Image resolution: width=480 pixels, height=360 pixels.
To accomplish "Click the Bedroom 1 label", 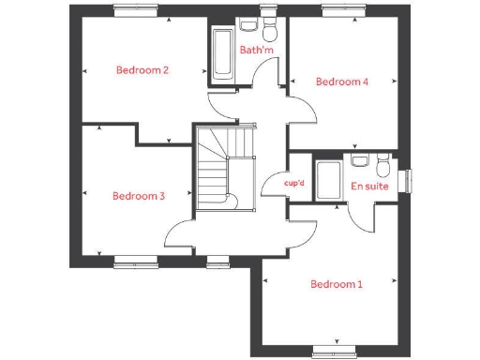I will pyautogui.click(x=336, y=284).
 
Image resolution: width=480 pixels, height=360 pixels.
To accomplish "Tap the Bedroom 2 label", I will pyautogui.click(x=142, y=70).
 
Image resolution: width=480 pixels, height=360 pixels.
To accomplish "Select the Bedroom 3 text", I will pyautogui.click(x=139, y=196).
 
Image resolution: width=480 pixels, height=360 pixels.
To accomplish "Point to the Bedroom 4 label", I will pyautogui.click(x=341, y=82).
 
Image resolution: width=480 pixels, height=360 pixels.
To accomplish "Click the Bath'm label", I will pyautogui.click(x=254, y=50).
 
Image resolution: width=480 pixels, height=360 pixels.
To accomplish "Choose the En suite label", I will pyautogui.click(x=369, y=187).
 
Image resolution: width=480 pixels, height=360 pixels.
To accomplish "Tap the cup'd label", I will pyautogui.click(x=294, y=184).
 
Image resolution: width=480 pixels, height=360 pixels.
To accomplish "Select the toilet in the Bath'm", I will pyautogui.click(x=270, y=26).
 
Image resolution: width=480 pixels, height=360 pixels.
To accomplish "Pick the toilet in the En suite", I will pyautogui.click(x=381, y=166).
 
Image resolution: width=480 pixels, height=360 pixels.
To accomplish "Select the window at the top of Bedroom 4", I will pyautogui.click(x=337, y=10).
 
